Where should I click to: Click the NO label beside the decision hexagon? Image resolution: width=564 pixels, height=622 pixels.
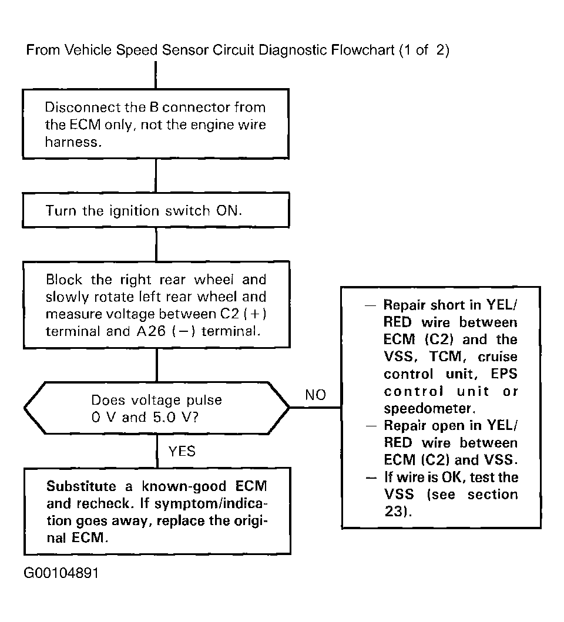point(315,395)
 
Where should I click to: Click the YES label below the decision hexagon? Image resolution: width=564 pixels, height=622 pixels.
point(182,451)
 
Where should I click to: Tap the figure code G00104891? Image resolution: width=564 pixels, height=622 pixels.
point(61,573)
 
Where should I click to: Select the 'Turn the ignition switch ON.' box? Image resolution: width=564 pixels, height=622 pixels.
point(156,210)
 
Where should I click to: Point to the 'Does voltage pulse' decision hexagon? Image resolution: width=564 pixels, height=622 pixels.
point(157,408)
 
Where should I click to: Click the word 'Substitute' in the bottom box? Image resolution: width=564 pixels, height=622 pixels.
point(81,486)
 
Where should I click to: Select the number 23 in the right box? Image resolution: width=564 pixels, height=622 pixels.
point(394,511)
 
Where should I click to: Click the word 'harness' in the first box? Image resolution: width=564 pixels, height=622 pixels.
point(72,142)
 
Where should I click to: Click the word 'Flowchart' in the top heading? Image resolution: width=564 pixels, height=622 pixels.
point(362,50)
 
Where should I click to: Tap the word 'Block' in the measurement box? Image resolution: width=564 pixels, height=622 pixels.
point(64,279)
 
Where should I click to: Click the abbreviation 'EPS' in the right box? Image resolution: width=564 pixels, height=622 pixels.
point(504,374)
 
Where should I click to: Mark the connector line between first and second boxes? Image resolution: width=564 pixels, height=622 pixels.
point(156,176)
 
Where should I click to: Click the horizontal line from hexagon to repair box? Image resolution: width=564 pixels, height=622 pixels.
point(315,408)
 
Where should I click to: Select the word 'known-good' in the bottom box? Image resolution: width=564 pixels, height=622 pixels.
point(184,486)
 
